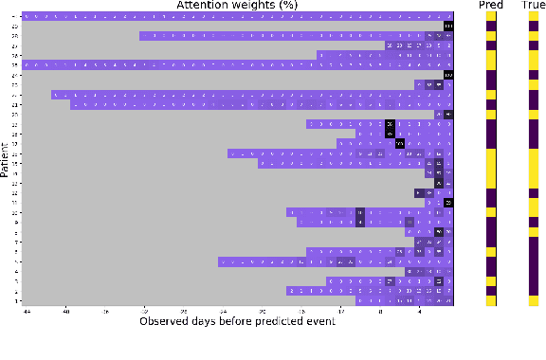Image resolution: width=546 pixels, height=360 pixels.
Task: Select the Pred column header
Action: click(x=491, y=6)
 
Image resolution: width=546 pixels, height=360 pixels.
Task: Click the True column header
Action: click(x=534, y=6)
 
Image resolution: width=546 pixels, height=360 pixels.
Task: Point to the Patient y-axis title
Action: click(x=7, y=159)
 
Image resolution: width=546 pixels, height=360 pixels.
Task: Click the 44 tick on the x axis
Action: click(x=27, y=311)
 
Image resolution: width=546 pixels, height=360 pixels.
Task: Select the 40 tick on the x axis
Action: click(x=65, y=311)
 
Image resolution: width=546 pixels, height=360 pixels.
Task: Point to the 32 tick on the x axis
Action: click(x=144, y=311)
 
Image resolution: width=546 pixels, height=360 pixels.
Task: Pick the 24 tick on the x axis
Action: click(x=223, y=311)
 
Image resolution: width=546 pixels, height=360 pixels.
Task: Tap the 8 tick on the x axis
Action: click(x=380, y=311)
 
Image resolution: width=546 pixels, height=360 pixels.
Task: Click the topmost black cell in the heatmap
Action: click(x=449, y=26)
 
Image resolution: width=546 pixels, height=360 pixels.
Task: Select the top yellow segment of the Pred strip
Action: click(x=491, y=17)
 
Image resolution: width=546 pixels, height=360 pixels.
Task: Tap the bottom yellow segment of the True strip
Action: click(x=534, y=300)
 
